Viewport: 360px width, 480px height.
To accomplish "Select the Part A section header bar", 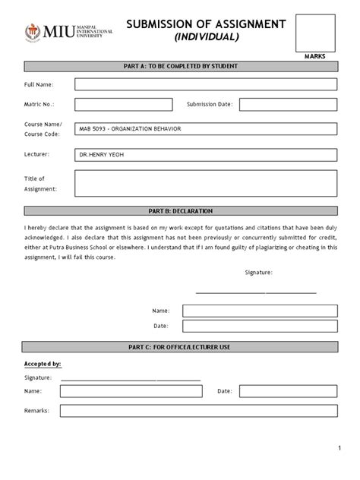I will (181, 66).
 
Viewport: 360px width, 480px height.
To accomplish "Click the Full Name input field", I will (205, 84).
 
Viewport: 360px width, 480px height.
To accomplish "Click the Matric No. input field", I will (123, 104).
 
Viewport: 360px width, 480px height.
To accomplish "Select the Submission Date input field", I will (289, 104).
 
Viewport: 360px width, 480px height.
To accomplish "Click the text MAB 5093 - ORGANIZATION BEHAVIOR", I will (130, 129).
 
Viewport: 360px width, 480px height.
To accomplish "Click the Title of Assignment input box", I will (205, 182).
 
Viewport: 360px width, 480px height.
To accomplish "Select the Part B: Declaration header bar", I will (181, 210).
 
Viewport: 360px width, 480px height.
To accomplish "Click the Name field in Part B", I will (259, 311).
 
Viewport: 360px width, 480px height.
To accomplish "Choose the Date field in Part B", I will (259, 327).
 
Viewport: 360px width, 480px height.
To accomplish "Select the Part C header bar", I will (181, 347).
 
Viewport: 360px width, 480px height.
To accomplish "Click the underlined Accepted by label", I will (43, 364).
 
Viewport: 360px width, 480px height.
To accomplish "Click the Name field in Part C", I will (131, 391).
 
